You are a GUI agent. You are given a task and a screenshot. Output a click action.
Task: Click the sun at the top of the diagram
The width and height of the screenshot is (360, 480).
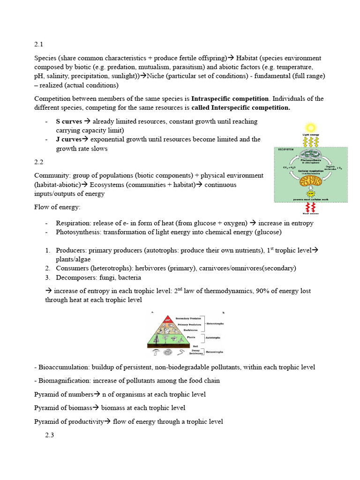click(x=310, y=127)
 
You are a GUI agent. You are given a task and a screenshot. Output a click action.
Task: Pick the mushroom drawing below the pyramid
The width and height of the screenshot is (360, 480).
click(x=156, y=351)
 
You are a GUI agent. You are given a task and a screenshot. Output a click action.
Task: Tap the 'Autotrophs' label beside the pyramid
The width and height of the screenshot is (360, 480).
click(x=213, y=337)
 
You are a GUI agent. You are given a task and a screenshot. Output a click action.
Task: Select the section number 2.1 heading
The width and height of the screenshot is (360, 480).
click(x=38, y=45)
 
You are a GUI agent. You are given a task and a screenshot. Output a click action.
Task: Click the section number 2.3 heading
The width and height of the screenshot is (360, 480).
click(x=50, y=435)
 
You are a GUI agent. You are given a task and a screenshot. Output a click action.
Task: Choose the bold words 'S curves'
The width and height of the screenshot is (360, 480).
click(x=69, y=121)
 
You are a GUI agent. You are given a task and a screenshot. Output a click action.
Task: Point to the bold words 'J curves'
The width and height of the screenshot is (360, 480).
click(x=68, y=139)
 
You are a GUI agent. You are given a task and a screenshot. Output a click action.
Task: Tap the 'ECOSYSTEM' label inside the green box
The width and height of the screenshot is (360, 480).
click(x=285, y=150)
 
